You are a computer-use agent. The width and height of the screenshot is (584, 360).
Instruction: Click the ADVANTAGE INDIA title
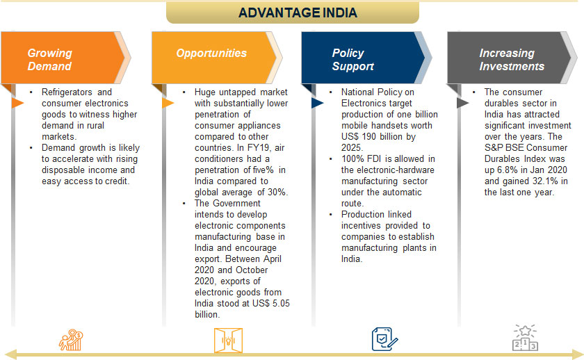coord(292,13)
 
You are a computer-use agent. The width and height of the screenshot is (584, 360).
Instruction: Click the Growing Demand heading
coord(49,60)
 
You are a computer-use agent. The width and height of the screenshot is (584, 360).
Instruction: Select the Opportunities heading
coord(211,53)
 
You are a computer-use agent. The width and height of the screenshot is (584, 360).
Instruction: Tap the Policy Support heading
coord(352,60)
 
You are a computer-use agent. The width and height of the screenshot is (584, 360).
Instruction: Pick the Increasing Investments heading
coord(511,60)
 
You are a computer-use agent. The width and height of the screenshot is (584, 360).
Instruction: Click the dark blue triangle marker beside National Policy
coord(316,103)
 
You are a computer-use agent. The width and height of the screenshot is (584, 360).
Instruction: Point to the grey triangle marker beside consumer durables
coord(462,103)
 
